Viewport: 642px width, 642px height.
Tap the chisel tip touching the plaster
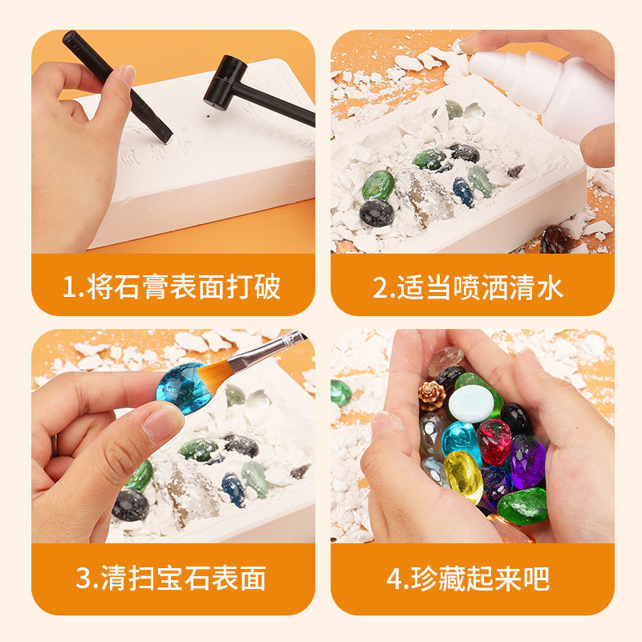(x=168, y=139)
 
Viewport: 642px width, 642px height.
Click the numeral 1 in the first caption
(x=70, y=287)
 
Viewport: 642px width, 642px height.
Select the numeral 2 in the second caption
(x=380, y=287)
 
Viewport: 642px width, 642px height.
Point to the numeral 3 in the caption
(x=83, y=578)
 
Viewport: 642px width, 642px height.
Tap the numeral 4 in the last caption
(x=394, y=579)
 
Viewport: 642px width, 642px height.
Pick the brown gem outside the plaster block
(x=555, y=239)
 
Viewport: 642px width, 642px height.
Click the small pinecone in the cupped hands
(x=432, y=395)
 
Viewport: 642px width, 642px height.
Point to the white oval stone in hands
(x=471, y=404)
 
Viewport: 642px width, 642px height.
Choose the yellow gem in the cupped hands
(x=464, y=477)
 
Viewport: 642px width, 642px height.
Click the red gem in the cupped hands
(x=494, y=442)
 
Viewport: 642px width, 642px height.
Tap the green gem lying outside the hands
(x=341, y=393)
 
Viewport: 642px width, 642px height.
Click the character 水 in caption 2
(x=550, y=287)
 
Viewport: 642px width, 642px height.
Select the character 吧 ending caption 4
(x=536, y=579)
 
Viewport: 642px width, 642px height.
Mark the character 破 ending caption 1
(x=267, y=286)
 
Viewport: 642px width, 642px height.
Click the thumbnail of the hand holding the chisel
(x=128, y=75)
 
